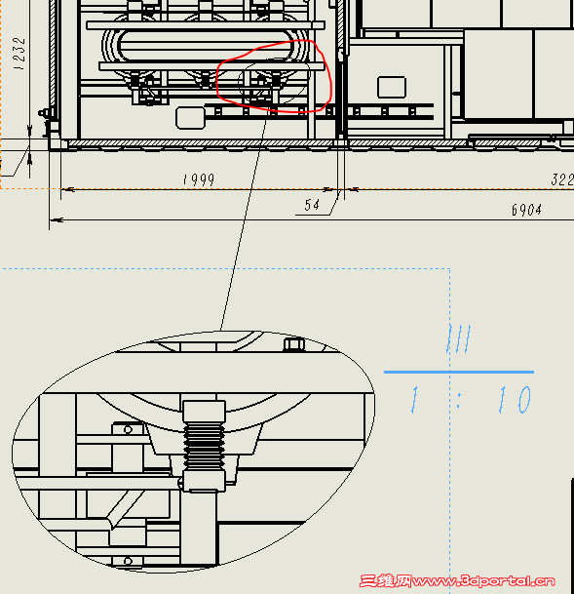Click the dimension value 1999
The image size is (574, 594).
coord(199,179)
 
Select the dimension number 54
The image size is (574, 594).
coord(312,205)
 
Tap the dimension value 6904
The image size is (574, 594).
coord(526,209)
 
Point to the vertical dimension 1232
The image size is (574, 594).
coord(19,54)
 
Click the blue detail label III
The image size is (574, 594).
coord(459,338)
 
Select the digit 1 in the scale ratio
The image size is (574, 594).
coord(415,399)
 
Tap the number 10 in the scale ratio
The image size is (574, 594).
coord(516,399)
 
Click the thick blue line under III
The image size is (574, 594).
coord(459,372)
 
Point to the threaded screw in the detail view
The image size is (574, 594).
coord(204,447)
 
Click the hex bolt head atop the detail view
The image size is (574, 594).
coord(294,344)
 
